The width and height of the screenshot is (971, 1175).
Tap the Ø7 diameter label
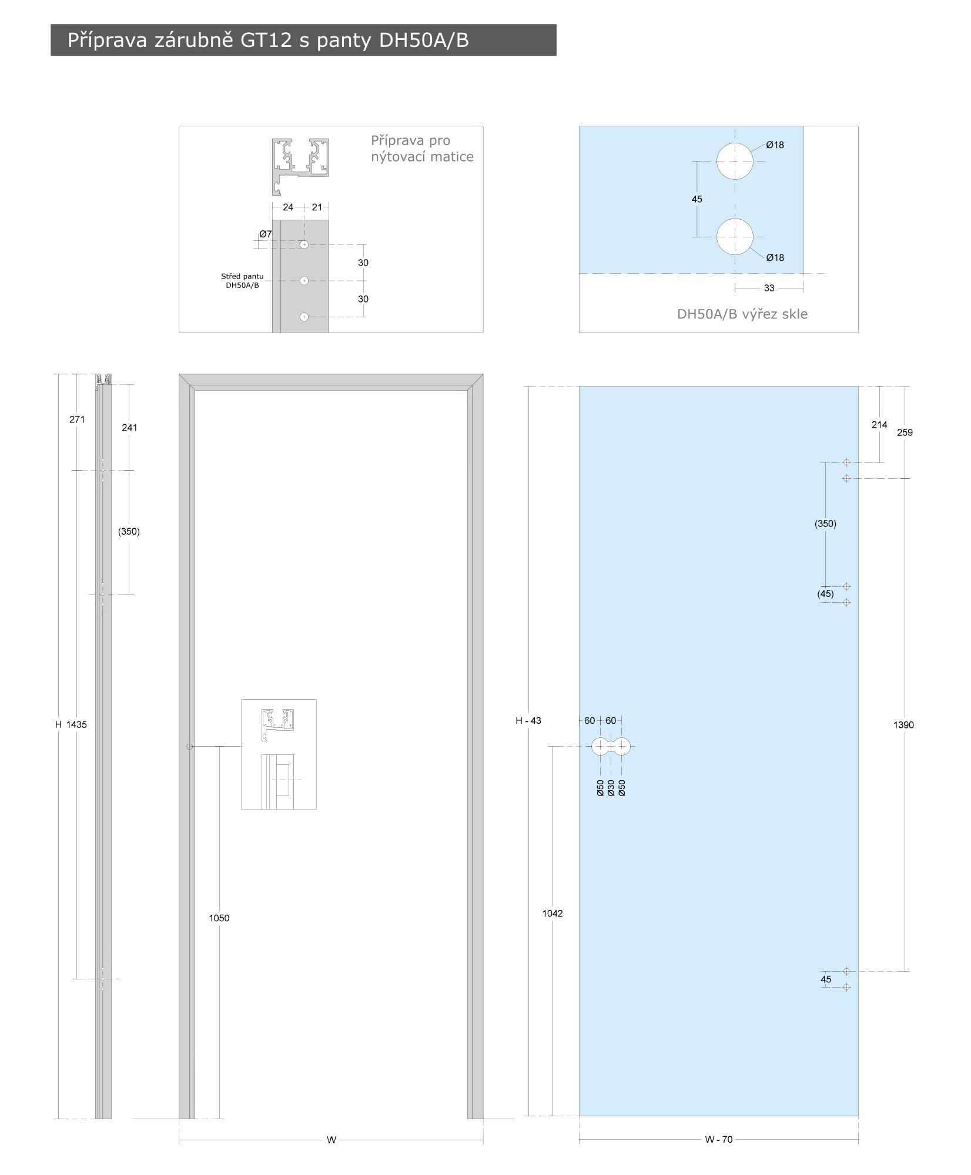coord(266,234)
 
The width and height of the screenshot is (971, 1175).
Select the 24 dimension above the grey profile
coord(288,207)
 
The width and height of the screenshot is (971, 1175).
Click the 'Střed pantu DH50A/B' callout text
coord(242,280)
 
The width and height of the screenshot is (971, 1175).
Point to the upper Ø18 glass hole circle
coord(734,161)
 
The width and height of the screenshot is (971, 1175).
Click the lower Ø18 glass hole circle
coord(734,237)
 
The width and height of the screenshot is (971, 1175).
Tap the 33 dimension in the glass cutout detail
coord(769,288)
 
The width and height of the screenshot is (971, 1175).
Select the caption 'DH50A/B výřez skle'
coord(742,314)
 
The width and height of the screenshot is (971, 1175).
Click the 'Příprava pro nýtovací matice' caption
coord(422,149)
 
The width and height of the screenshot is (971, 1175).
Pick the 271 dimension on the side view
coord(77,419)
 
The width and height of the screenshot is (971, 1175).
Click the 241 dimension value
coord(129,428)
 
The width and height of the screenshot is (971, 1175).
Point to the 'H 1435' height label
coord(71,724)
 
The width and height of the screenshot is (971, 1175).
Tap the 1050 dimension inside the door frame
coord(219,918)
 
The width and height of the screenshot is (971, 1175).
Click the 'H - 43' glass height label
coord(528,720)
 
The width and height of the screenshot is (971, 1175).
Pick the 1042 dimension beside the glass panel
coord(553,914)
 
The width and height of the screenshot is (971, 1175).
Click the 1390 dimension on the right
coord(903,725)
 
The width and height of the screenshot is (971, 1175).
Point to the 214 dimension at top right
coord(879,425)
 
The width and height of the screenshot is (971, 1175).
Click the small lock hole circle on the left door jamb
coord(189,747)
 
